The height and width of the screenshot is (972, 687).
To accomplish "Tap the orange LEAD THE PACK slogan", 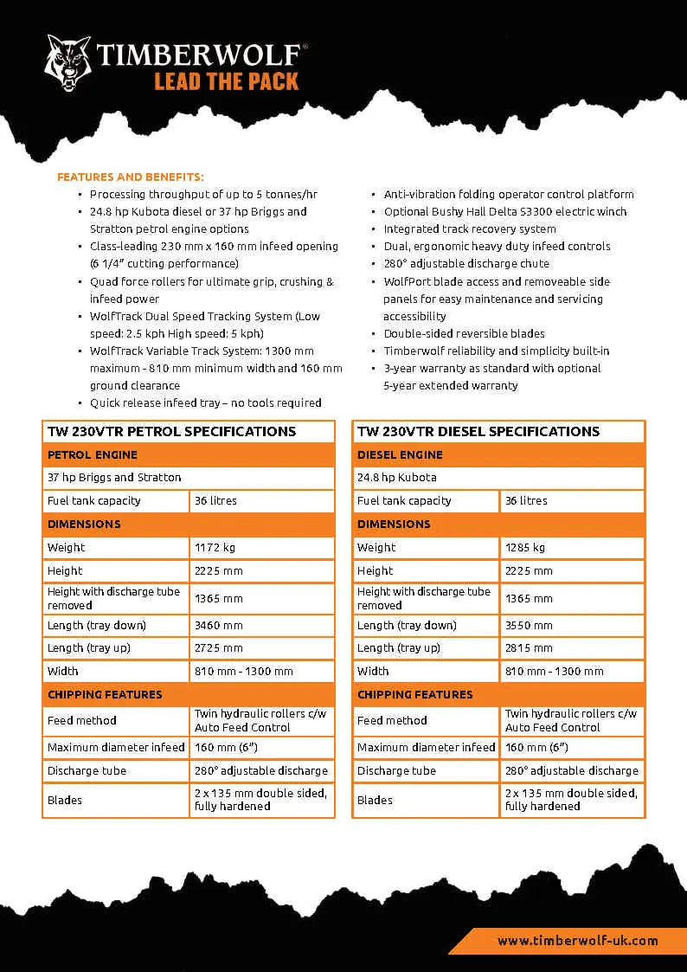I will [226, 81].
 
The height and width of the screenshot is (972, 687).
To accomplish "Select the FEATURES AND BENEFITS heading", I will [131, 177].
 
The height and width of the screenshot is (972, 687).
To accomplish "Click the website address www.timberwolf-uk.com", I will [577, 940].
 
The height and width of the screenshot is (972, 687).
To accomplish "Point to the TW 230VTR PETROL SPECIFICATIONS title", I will [171, 431].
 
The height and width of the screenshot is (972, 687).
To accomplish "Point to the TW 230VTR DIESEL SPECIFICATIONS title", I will [478, 431].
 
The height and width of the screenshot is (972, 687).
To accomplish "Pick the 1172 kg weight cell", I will [215, 547].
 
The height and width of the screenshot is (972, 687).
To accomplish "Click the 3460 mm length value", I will [219, 625].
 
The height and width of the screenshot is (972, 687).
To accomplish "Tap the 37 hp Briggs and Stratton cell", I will [114, 477].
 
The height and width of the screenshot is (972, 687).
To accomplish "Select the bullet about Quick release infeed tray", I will [206, 402].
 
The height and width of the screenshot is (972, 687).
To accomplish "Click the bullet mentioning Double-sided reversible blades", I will [465, 333].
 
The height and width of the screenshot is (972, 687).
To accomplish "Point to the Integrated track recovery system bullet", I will [470, 229].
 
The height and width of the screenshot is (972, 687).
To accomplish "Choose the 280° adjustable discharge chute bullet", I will [466, 263].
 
